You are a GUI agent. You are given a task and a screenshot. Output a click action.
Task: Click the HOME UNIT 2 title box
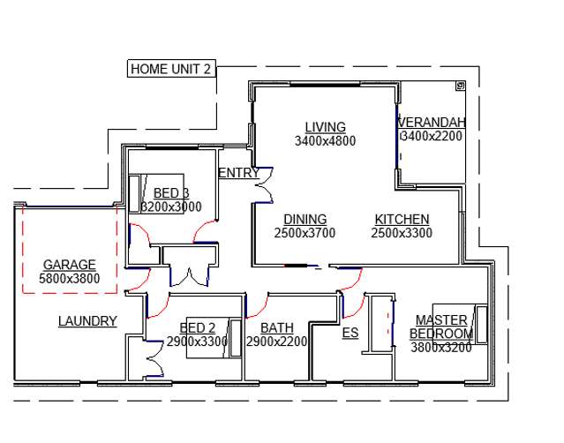[171, 68]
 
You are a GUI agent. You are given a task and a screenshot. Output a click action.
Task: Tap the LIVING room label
[325, 127]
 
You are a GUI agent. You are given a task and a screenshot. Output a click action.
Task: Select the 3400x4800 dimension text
[325, 140]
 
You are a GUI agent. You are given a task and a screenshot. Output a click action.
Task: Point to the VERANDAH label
[432, 123]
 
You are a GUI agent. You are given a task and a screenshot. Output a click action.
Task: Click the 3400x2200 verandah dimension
[432, 137]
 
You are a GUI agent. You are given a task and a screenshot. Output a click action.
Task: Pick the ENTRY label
[238, 173]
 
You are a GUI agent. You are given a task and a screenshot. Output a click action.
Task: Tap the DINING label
[305, 220]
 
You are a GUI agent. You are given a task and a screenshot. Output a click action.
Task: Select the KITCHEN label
[402, 220]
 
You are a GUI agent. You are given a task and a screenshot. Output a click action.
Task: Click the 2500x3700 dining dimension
[305, 233]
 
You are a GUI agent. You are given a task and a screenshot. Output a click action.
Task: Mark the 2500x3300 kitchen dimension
[402, 233]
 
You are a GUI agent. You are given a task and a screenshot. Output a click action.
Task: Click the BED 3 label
[171, 193]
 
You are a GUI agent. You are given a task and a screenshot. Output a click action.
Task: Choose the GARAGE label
[69, 265]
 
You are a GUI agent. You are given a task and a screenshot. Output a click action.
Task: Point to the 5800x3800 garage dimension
[69, 279]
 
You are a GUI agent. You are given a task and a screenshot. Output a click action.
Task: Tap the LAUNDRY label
[87, 321]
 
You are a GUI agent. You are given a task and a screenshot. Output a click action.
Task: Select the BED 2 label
[197, 327]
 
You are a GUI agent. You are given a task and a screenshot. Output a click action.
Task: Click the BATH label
[277, 327]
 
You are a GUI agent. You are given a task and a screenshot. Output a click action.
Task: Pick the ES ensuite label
[350, 333]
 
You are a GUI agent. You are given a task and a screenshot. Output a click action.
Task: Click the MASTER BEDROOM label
[441, 327]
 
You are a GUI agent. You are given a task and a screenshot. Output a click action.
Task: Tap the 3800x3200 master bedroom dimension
[441, 348]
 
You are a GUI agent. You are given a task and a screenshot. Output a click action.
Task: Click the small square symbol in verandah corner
[460, 86]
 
